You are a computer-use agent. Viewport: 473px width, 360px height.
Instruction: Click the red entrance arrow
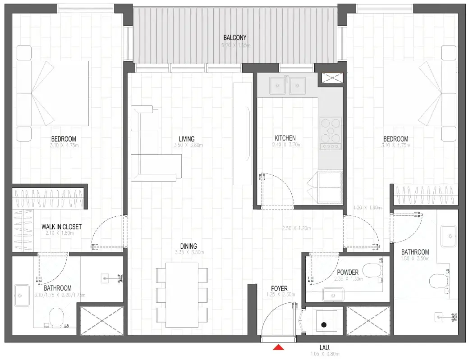(x=279, y=347)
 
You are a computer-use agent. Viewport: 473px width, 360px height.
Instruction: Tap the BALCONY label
(x=235, y=38)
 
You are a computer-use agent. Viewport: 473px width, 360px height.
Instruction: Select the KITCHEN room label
(x=285, y=138)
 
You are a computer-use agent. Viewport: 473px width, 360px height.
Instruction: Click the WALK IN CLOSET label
(x=62, y=227)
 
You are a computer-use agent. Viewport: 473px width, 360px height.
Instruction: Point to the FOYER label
(x=279, y=289)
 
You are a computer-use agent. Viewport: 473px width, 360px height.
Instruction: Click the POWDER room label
(x=348, y=273)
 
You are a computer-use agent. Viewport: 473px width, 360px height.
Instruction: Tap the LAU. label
(x=324, y=348)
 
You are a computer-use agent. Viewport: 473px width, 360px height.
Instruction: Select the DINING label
(x=188, y=246)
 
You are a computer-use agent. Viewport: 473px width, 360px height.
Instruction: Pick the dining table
(x=182, y=295)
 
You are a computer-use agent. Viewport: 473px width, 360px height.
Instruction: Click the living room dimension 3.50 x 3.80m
(x=188, y=146)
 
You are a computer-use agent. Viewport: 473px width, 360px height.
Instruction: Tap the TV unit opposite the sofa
(x=242, y=133)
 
